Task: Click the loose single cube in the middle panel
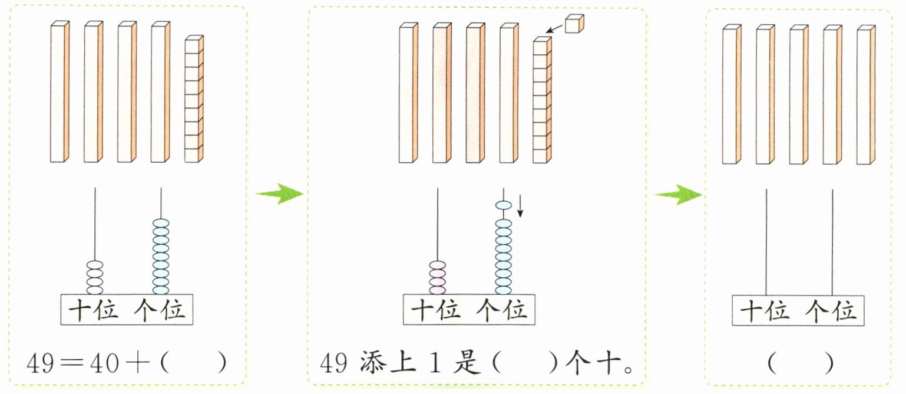pos(574,24)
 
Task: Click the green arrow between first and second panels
pos(279,193)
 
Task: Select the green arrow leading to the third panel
pos(678,195)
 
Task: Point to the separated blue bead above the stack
pos(504,205)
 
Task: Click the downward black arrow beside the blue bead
pos(521,206)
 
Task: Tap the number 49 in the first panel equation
pos(40,362)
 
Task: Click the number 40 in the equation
pos(104,362)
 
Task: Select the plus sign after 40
pos(137,362)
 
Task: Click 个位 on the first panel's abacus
pos(160,310)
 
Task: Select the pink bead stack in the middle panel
pos(437,277)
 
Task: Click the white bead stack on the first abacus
pos(95,277)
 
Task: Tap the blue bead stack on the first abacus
pos(161,257)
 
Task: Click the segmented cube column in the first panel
pos(194,99)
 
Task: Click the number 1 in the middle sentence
pos(435,362)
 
